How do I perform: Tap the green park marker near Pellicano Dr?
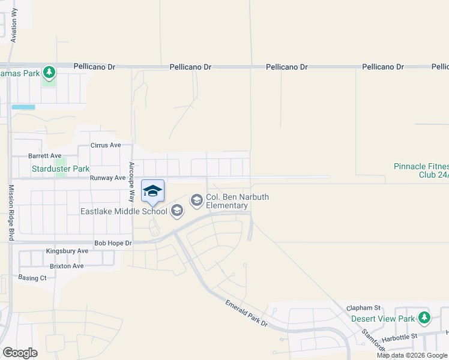click(49, 73)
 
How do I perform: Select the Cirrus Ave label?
click(105, 145)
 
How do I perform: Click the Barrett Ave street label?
click(45, 156)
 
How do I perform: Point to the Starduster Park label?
click(60, 169)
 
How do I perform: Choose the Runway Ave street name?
click(107, 178)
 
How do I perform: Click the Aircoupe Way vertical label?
click(132, 182)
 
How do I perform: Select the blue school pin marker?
click(152, 191)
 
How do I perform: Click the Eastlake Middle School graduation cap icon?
click(176, 211)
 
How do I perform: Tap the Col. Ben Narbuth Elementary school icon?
click(197, 200)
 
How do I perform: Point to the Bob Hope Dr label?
click(113, 243)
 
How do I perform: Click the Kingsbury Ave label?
click(67, 251)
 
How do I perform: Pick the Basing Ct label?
click(32, 278)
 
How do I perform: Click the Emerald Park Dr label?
click(246, 314)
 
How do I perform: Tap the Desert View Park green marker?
click(424, 317)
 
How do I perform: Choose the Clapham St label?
click(364, 308)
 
